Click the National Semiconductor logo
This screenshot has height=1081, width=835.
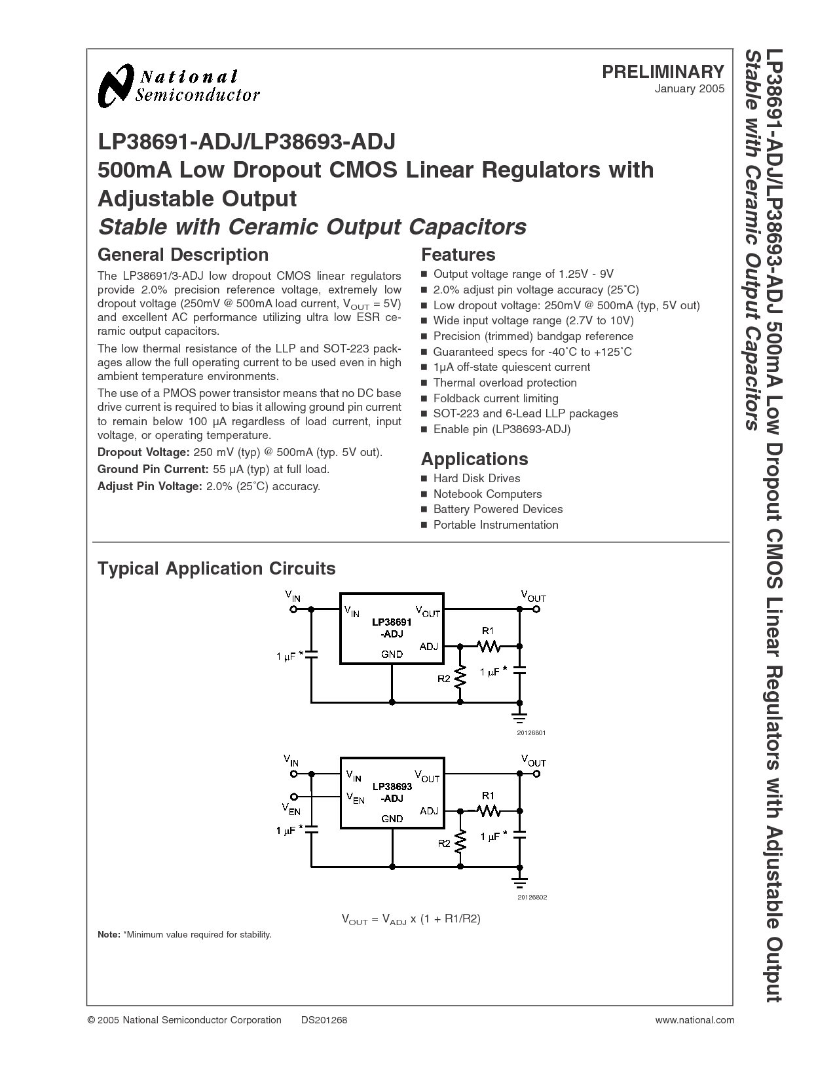tap(179, 86)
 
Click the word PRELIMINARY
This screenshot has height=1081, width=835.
tap(663, 72)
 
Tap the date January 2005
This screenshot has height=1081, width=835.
tap(690, 89)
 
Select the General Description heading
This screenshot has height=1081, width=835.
tap(183, 255)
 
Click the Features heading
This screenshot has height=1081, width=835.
tap(458, 255)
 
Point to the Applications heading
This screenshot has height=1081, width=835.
tap(474, 459)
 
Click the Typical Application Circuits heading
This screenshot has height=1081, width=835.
tap(216, 569)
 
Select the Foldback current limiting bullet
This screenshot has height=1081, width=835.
tap(490, 398)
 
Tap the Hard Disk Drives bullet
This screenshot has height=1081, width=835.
tap(471, 478)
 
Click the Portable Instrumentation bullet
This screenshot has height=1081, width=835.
tap(490, 525)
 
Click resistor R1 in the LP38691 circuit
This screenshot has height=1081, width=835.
tap(489, 646)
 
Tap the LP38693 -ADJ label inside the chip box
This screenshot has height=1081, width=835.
tap(392, 793)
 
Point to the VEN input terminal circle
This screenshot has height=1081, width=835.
tap(294, 796)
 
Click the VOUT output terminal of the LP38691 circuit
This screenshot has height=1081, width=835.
tap(536, 609)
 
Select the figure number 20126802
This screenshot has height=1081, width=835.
tap(532, 898)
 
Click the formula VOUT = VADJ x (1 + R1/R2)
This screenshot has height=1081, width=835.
tap(411, 919)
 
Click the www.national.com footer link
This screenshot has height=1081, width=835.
tap(695, 1020)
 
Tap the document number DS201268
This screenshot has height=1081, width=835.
tap(324, 1020)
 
